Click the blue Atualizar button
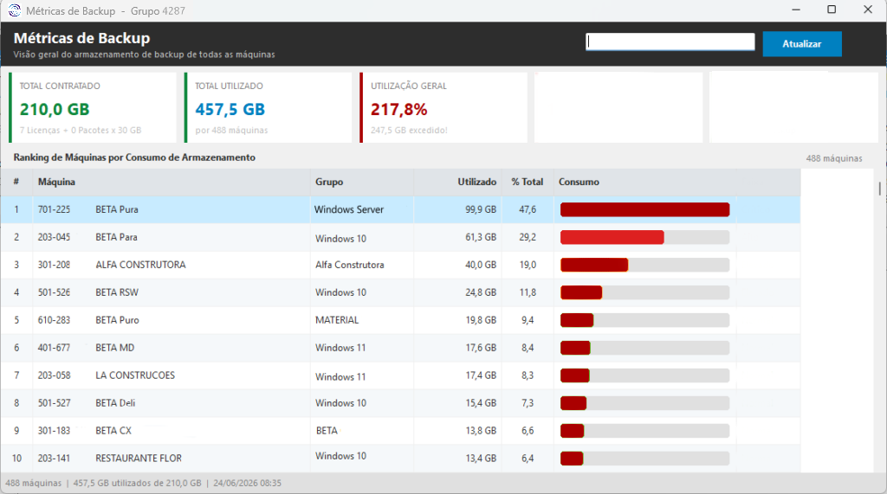801,43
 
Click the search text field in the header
670,42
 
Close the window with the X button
868,10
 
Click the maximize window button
832,10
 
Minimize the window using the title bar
796,10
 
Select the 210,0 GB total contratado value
55,109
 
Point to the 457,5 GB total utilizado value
230,109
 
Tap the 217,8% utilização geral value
398,109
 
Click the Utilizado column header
477,182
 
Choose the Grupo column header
329,182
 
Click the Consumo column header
579,182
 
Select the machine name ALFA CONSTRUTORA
140,265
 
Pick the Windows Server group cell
349,209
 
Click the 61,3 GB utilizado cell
481,237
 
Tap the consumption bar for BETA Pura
644,209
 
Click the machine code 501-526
54,292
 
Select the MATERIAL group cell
337,320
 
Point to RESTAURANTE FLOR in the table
139,458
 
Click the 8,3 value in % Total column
528,375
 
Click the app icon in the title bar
14,10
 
